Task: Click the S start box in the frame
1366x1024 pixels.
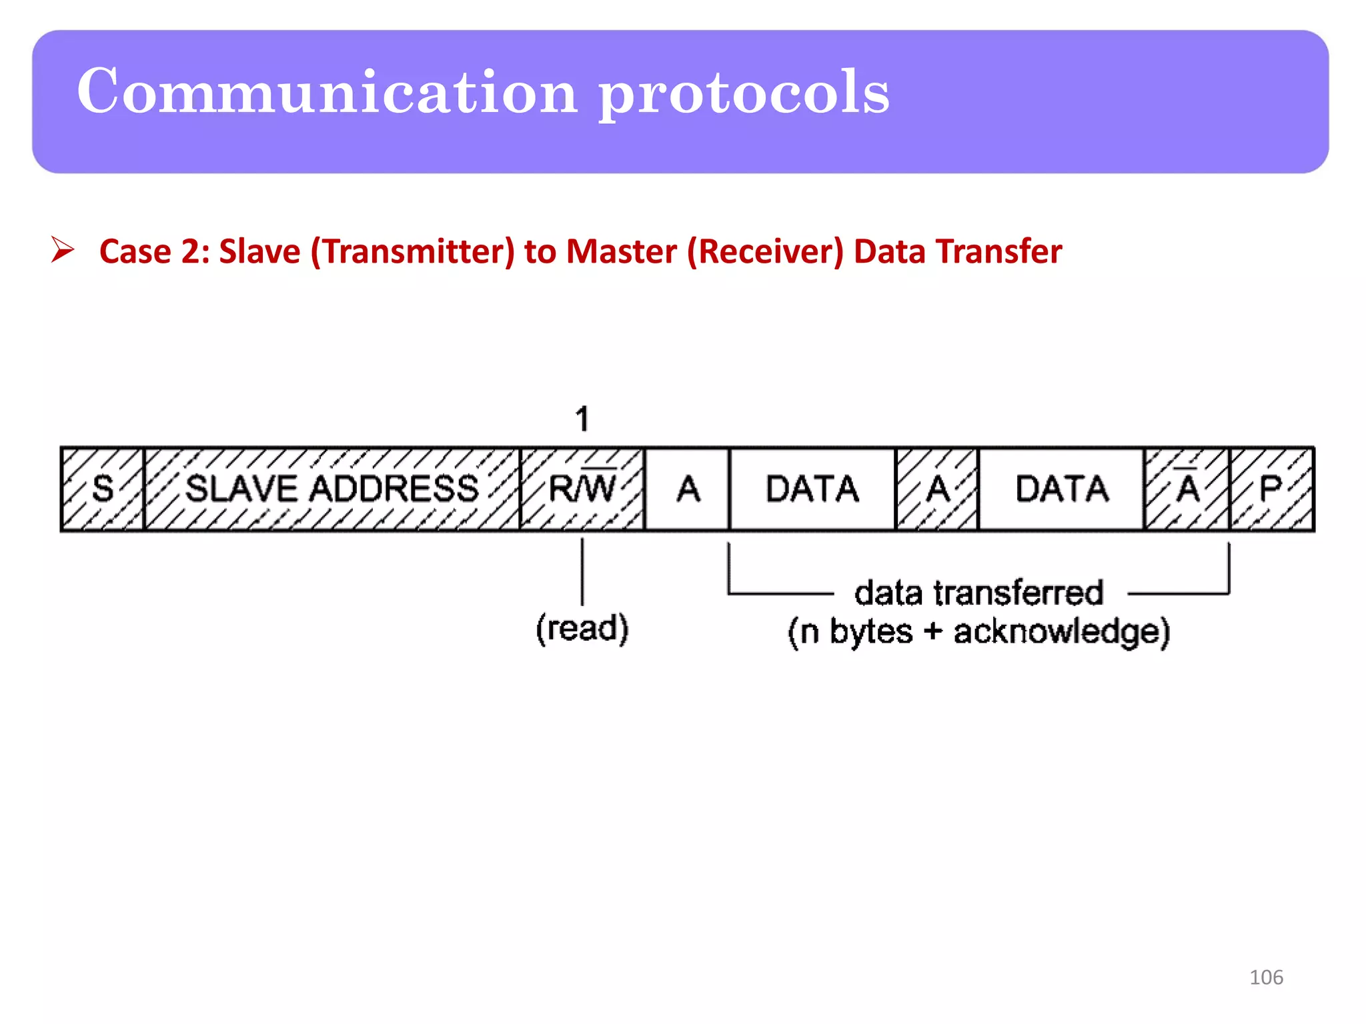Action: click(102, 489)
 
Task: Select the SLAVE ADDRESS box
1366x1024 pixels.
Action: click(331, 489)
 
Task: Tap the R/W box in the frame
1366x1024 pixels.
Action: click(582, 489)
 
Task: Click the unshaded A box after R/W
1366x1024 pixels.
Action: click(688, 489)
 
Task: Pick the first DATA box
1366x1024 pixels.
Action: click(812, 489)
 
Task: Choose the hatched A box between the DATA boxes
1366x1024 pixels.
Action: click(937, 489)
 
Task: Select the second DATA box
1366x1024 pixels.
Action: click(1061, 489)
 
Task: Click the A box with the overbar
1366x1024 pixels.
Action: click(1187, 489)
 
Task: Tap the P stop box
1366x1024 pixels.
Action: click(1271, 489)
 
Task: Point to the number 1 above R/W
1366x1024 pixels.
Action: click(582, 419)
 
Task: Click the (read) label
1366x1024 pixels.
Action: click(582, 628)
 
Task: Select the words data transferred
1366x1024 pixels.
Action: click(978, 593)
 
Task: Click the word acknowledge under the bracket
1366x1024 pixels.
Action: click(1061, 631)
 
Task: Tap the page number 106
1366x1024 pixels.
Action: click(1266, 977)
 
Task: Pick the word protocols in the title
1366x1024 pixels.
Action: click(744, 93)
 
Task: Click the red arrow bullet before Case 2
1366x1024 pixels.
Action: click(63, 250)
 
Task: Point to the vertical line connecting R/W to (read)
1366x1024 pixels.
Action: click(582, 571)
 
